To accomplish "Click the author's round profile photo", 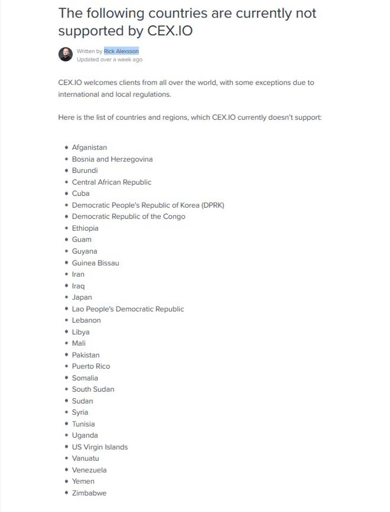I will point(66,54).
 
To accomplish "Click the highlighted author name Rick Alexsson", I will point(121,51).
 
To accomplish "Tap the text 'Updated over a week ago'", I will point(109,60).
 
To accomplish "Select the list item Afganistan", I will point(89,147).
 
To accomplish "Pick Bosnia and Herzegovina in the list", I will point(112,159).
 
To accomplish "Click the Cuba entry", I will point(81,193).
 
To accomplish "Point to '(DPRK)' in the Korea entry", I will point(212,205).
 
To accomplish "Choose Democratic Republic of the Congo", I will point(128,217).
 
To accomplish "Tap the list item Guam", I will point(82,239).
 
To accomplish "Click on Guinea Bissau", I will point(95,263).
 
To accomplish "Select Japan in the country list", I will point(82,297).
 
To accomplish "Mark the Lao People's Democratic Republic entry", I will point(128,309).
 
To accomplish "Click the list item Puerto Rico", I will point(91,366).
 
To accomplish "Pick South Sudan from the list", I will point(93,389).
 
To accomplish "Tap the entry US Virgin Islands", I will point(100,447).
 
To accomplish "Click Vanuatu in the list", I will point(86,458).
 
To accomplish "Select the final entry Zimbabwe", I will point(89,493).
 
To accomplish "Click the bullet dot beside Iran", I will point(67,274).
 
